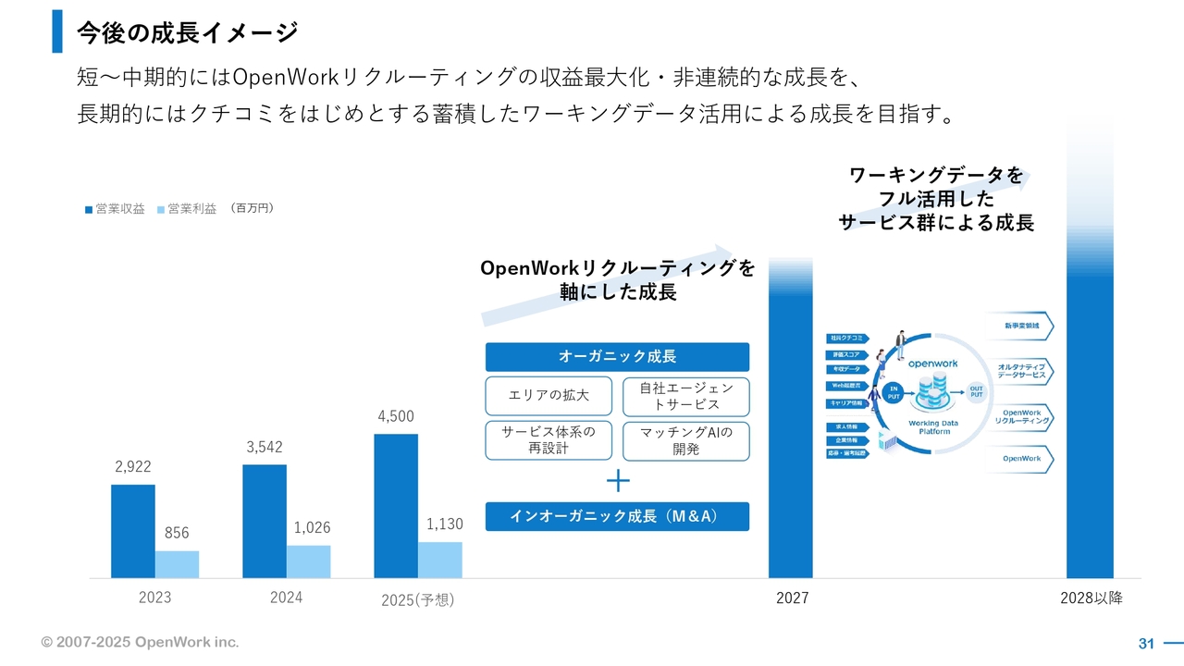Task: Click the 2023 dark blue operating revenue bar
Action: [x=132, y=531]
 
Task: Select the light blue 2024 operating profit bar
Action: [x=308, y=561]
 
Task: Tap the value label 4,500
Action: [x=396, y=416]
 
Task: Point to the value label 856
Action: [x=177, y=533]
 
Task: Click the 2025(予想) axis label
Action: [x=418, y=599]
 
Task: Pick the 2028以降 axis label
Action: [x=1091, y=598]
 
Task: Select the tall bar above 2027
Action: [x=791, y=425]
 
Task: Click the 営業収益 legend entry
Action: [x=115, y=209]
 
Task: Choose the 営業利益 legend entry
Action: [x=187, y=209]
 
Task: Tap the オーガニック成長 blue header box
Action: [x=617, y=357]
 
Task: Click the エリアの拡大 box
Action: [x=549, y=396]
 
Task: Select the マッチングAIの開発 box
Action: [x=685, y=440]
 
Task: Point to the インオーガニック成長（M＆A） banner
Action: [x=617, y=516]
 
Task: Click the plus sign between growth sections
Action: [x=618, y=481]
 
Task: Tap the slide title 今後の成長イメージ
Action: [x=187, y=32]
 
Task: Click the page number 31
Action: [x=1146, y=643]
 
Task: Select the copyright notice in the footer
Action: [x=140, y=642]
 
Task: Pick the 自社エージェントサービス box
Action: [x=685, y=396]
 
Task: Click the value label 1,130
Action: [x=444, y=524]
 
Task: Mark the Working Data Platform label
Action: [x=933, y=427]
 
